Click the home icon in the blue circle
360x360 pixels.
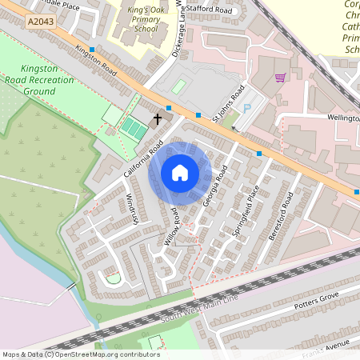[180, 172]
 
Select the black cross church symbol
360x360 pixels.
[157, 118]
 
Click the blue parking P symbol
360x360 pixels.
[246, 108]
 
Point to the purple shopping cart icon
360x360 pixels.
[279, 78]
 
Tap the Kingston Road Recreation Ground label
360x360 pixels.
[41, 80]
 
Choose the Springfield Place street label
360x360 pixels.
[247, 212]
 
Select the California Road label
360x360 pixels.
[143, 159]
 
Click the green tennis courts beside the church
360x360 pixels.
[134, 126]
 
